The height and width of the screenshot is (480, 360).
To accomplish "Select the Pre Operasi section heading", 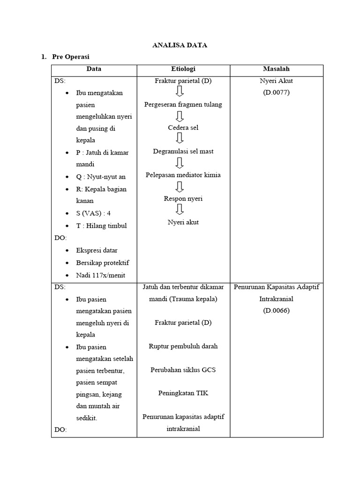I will click(x=71, y=57).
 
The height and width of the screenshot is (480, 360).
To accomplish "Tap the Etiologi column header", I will click(x=183, y=69).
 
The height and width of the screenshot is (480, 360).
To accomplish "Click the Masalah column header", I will click(x=276, y=69).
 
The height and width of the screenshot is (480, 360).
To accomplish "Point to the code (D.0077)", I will click(x=276, y=92).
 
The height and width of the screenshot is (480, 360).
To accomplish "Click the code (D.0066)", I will click(x=276, y=310).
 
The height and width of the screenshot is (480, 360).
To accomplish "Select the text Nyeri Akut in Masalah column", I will click(x=276, y=81).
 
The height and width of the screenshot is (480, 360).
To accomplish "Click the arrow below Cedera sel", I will click(x=179, y=139).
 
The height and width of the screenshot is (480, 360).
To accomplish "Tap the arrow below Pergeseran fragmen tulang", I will click(x=179, y=116).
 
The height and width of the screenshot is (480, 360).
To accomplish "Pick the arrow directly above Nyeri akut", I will click(x=179, y=210).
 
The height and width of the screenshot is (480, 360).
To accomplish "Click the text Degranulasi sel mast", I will click(x=183, y=151).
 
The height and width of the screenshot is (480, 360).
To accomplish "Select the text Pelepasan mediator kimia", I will click(x=183, y=175).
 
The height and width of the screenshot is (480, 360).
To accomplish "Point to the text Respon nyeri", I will click(x=183, y=199).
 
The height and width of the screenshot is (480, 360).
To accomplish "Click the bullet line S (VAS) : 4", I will click(x=93, y=213).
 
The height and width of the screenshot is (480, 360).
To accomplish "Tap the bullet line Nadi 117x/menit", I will click(x=101, y=275).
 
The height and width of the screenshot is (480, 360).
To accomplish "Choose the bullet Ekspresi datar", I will click(x=97, y=250).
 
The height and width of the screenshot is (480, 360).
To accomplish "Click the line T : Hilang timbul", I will click(x=101, y=225).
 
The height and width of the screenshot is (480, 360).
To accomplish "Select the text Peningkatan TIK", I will click(x=183, y=393).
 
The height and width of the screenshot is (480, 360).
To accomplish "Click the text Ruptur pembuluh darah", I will click(x=183, y=346).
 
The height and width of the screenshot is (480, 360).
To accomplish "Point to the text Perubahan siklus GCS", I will click(x=183, y=369).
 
